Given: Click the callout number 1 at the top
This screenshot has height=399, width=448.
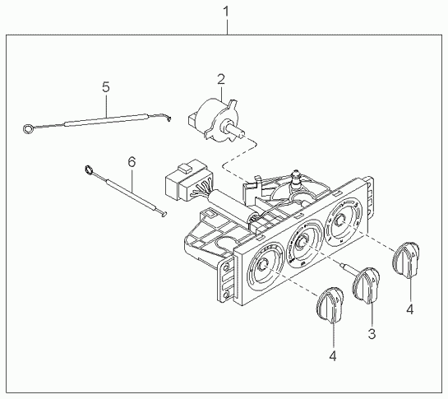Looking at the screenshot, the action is click(x=226, y=12).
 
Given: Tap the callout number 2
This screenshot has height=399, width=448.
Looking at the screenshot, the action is click(x=221, y=79).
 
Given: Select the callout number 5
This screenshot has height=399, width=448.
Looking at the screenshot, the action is click(x=106, y=86).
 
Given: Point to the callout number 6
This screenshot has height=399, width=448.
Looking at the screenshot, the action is click(x=132, y=162).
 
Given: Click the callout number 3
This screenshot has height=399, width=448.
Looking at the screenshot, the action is click(x=372, y=333).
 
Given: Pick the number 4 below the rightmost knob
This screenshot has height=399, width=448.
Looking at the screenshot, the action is click(x=410, y=309).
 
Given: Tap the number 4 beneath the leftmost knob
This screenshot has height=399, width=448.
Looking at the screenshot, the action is click(x=333, y=356).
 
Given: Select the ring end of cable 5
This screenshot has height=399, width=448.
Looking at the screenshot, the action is click(x=28, y=129).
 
